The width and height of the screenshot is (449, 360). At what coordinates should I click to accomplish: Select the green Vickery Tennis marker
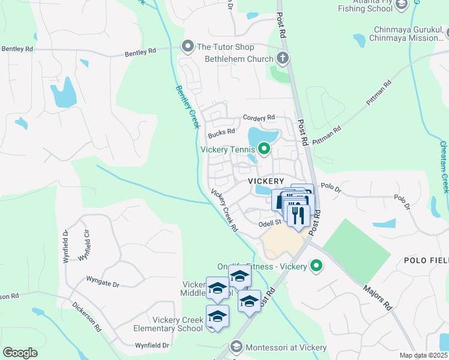264,148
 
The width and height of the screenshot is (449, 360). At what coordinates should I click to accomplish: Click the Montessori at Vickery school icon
236,347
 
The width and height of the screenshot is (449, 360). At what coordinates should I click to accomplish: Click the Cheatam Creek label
444,167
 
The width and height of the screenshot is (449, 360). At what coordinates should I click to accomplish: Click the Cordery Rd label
259,118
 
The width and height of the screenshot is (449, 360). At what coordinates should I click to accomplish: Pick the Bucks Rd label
221,133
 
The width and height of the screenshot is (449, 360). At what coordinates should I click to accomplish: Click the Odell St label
270,223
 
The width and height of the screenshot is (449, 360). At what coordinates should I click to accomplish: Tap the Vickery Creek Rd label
224,211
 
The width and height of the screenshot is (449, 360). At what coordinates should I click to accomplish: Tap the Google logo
20,353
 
